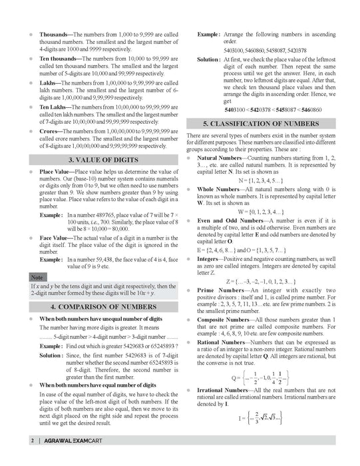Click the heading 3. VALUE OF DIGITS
102,160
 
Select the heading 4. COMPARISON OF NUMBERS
102,307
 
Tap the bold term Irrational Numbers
230,389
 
